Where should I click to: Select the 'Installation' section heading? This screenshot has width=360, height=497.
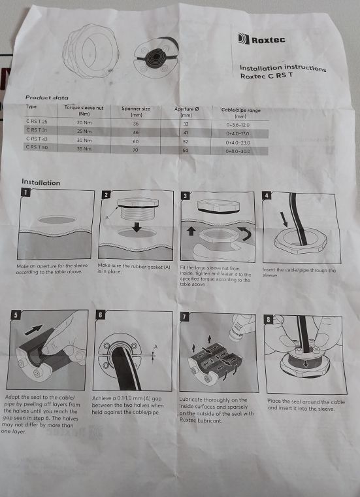41,182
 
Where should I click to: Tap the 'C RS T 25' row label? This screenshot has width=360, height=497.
37,122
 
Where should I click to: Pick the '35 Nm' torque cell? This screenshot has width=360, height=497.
84,148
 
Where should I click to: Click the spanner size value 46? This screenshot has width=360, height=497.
137,131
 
